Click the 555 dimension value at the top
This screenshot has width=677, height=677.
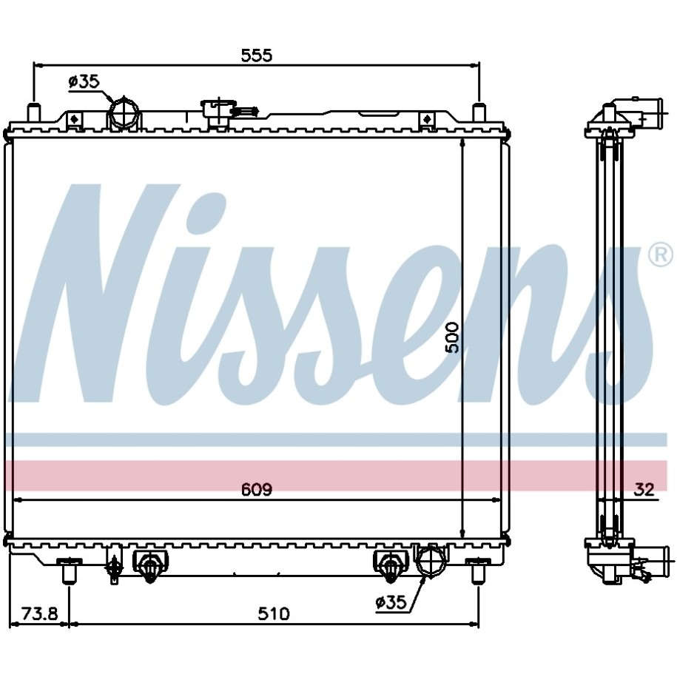[257, 55]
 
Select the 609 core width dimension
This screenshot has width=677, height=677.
[257, 490]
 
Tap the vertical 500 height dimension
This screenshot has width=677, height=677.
[453, 337]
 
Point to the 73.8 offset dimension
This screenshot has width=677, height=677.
[40, 614]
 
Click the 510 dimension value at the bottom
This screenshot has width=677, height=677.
[273, 614]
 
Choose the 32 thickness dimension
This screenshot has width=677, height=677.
[644, 490]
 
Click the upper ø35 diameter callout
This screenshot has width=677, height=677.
[84, 81]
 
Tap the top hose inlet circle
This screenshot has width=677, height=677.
[124, 112]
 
